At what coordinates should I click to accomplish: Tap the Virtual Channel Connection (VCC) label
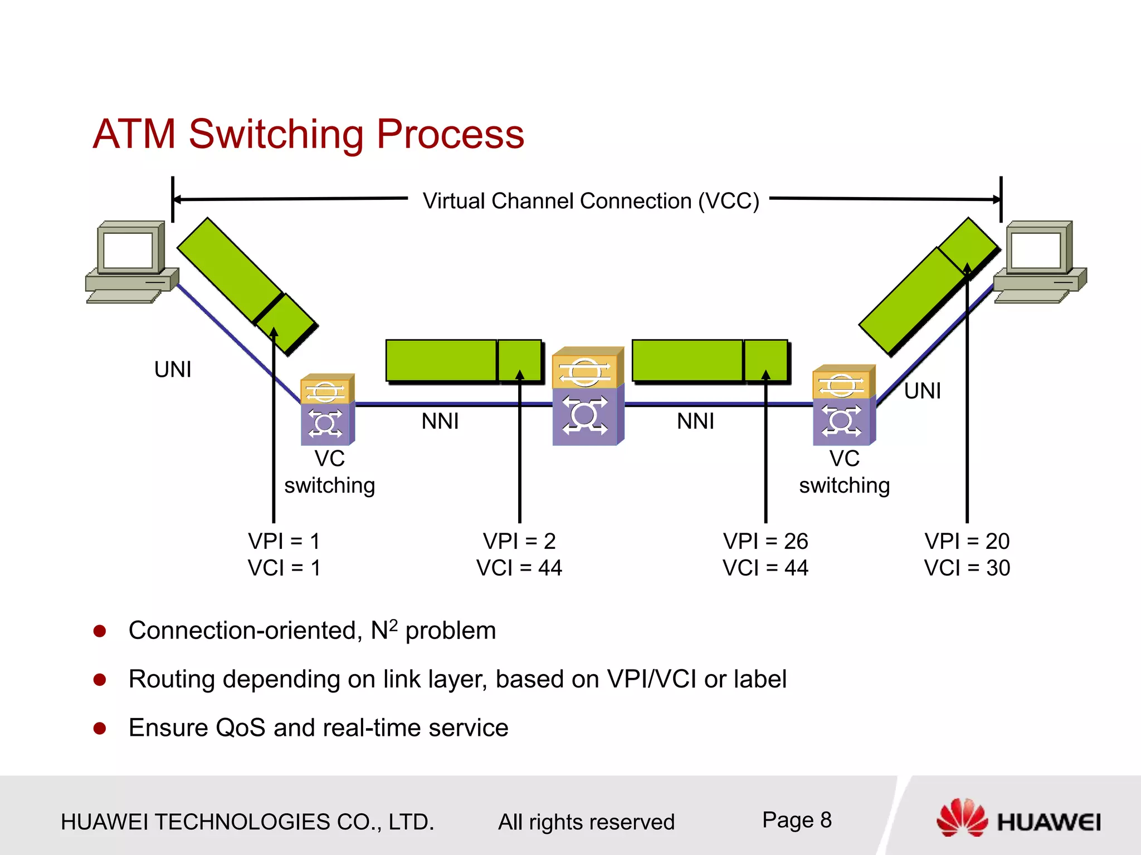tap(591, 201)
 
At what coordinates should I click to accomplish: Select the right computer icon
tap(1040, 262)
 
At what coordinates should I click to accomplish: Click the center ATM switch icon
tap(587, 396)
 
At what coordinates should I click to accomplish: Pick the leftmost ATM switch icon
tap(327, 410)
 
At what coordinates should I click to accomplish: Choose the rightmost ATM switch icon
tap(843, 405)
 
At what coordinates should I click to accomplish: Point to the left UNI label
tap(173, 370)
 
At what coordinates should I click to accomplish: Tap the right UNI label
tap(922, 391)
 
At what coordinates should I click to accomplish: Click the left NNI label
tap(440, 421)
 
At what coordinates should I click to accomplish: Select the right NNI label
tap(695, 421)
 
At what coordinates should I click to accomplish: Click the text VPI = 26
tap(765, 541)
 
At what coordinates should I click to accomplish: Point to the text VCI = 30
tap(967, 568)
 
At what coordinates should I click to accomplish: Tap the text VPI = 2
tap(519, 541)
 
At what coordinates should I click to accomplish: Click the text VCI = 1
tap(284, 568)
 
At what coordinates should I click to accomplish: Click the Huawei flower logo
tap(962, 818)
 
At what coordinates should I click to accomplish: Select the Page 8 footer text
tap(797, 820)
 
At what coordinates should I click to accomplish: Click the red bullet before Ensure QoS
tap(100, 728)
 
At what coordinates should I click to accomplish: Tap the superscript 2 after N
tap(393, 625)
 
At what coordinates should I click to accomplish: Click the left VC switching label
tap(329, 472)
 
